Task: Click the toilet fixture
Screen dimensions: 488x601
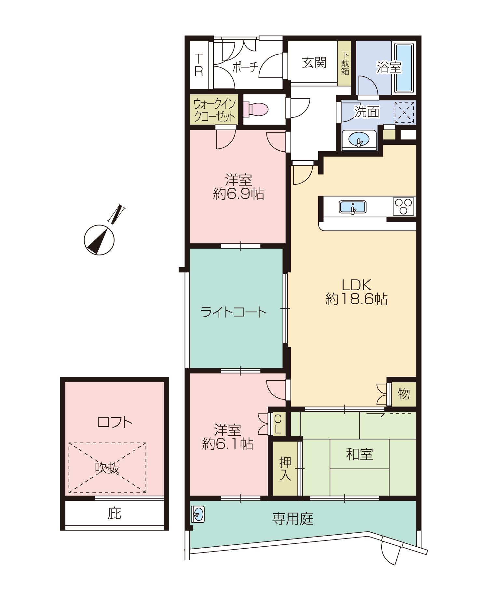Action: click(256, 109)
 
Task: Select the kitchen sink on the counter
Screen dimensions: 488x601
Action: click(353, 207)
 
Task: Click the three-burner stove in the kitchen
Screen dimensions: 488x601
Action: click(403, 206)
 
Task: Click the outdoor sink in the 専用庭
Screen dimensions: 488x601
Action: click(198, 514)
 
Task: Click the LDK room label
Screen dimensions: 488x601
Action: click(357, 285)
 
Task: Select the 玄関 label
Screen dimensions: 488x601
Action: click(314, 62)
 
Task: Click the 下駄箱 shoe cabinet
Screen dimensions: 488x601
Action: click(345, 63)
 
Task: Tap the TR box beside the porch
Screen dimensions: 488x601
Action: click(199, 65)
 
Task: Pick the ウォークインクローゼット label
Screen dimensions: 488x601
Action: click(214, 110)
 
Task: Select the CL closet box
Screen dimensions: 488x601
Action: click(278, 424)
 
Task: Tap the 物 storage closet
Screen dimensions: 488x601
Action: click(404, 394)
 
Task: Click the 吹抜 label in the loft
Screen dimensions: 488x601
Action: click(107, 468)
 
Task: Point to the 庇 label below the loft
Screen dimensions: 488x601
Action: click(115, 513)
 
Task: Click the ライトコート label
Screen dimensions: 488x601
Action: click(234, 312)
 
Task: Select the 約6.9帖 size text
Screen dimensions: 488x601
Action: click(238, 194)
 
